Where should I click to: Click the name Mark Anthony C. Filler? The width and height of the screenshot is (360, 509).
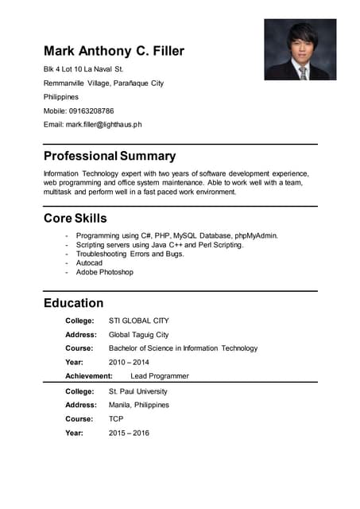click(114, 52)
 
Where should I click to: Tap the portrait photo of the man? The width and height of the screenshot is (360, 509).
click(300, 49)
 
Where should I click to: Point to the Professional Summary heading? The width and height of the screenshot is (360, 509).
click(110, 156)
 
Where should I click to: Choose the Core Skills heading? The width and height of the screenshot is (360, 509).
click(75, 218)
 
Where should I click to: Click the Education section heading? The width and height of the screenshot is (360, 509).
click(73, 303)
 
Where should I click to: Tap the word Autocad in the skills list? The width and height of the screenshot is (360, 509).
click(89, 262)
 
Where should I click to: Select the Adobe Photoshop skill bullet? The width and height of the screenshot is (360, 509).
click(104, 272)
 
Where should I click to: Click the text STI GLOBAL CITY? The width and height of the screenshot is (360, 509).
click(138, 321)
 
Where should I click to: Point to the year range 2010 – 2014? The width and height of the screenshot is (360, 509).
click(129, 362)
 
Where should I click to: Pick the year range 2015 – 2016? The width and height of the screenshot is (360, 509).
click(129, 433)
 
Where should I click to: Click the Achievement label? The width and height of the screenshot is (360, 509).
click(89, 376)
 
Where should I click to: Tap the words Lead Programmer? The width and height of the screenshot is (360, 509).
click(160, 376)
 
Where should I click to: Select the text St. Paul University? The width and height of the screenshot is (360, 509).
click(137, 391)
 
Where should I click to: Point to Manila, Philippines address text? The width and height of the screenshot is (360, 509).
click(138, 405)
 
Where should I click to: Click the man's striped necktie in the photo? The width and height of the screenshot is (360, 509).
click(303, 72)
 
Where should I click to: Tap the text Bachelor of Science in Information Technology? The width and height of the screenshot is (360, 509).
click(183, 348)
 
